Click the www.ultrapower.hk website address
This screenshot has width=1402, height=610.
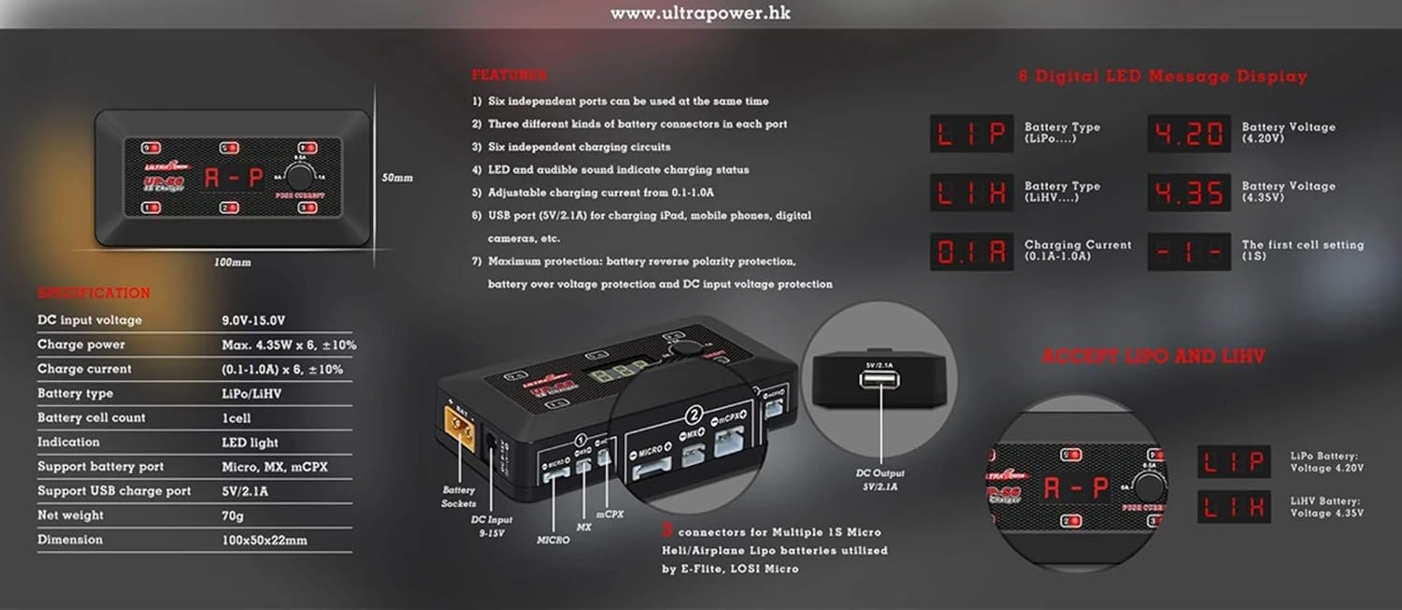pyautogui.click(x=700, y=14)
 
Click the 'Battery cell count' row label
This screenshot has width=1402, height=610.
pyautogui.click(x=92, y=418)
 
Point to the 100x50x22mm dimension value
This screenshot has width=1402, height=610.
pyautogui.click(x=265, y=540)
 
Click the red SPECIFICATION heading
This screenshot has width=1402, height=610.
pyautogui.click(x=93, y=294)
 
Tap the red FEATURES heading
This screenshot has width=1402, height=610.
pyautogui.click(x=508, y=75)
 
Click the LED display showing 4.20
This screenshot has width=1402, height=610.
pyautogui.click(x=1189, y=134)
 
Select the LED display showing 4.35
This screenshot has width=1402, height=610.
pyautogui.click(x=1189, y=193)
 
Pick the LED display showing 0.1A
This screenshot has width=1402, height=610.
pyautogui.click(x=971, y=252)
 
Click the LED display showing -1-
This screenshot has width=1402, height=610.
pyautogui.click(x=1189, y=252)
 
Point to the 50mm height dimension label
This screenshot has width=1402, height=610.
pyautogui.click(x=397, y=178)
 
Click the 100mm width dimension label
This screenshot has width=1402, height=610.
pyautogui.click(x=233, y=263)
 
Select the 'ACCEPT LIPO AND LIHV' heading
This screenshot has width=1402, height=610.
pyautogui.click(x=1153, y=356)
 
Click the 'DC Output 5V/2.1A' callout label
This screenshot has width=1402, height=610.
pyautogui.click(x=880, y=480)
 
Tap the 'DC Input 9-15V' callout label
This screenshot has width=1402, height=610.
pyautogui.click(x=492, y=525)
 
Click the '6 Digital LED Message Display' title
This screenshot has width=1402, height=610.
pyautogui.click(x=1163, y=77)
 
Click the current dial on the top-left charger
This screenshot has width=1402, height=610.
pyautogui.click(x=299, y=176)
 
